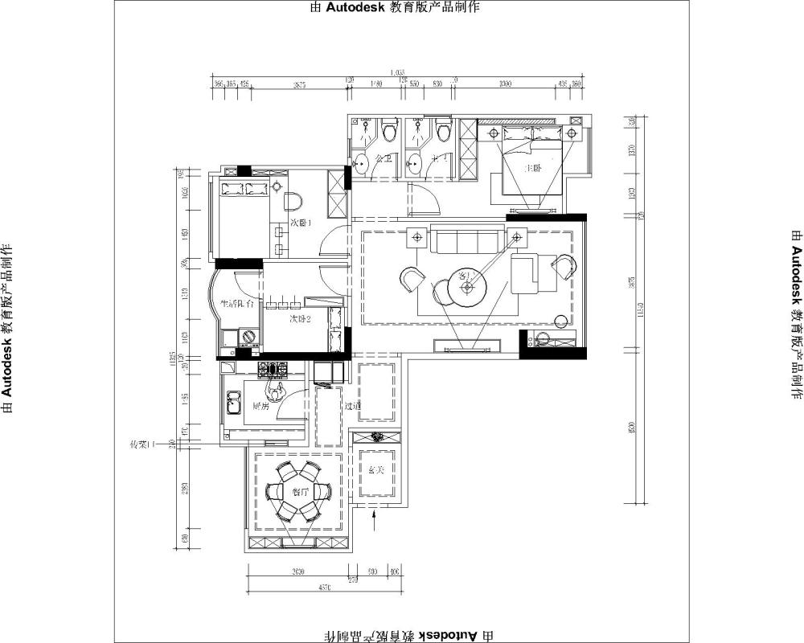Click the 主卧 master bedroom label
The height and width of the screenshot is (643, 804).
(531, 169)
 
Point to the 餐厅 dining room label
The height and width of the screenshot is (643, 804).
(301, 493)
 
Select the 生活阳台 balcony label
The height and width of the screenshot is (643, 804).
(237, 305)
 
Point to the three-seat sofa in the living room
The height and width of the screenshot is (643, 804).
(465, 240)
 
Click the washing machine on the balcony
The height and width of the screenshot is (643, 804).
(248, 338)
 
